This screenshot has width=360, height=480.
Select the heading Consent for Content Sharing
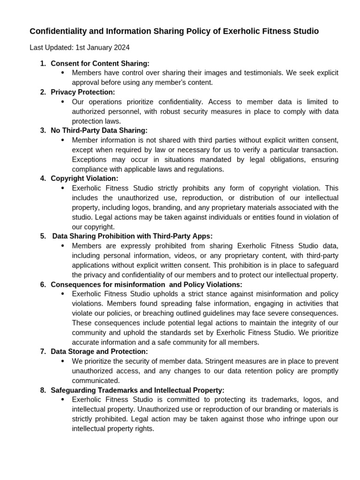(100, 63)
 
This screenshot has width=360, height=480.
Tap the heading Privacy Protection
(82, 92)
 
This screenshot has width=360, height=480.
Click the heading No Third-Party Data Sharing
(99, 130)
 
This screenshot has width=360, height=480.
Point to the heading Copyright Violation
(84, 178)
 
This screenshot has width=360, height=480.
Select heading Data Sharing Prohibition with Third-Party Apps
(132, 236)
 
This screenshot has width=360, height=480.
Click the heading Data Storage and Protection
(99, 351)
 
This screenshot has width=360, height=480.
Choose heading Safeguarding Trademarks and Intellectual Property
(137, 390)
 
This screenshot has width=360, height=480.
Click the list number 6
(43, 285)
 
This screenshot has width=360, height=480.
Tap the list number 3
(43, 130)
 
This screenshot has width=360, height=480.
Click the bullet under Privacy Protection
(63, 102)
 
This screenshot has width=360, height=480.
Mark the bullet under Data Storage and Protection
(63, 361)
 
